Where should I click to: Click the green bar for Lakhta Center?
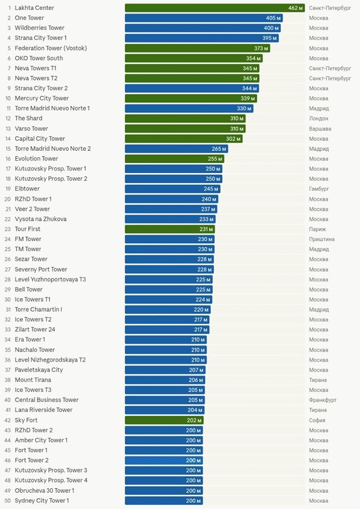214,8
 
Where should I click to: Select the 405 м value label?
273,18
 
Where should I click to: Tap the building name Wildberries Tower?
40,28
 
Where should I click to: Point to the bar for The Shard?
185,119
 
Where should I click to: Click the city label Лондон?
318,119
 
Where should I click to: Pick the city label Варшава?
320,129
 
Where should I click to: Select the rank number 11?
8,108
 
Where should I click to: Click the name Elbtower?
27,189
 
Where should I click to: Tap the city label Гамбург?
319,189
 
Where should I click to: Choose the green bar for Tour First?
170,229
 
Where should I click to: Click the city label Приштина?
322,239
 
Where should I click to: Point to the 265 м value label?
219,149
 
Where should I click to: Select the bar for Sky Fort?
163,420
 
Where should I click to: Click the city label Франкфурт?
322,400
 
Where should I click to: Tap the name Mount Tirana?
33,380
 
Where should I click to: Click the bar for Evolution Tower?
174,159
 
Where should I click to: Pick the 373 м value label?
262,48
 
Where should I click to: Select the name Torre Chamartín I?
39,309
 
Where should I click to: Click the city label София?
317,420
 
